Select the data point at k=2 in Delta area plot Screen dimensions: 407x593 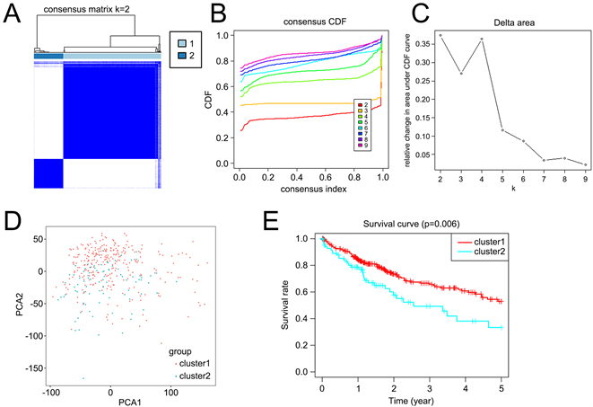pos(440,35)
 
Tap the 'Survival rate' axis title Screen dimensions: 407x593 pos(284,305)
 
